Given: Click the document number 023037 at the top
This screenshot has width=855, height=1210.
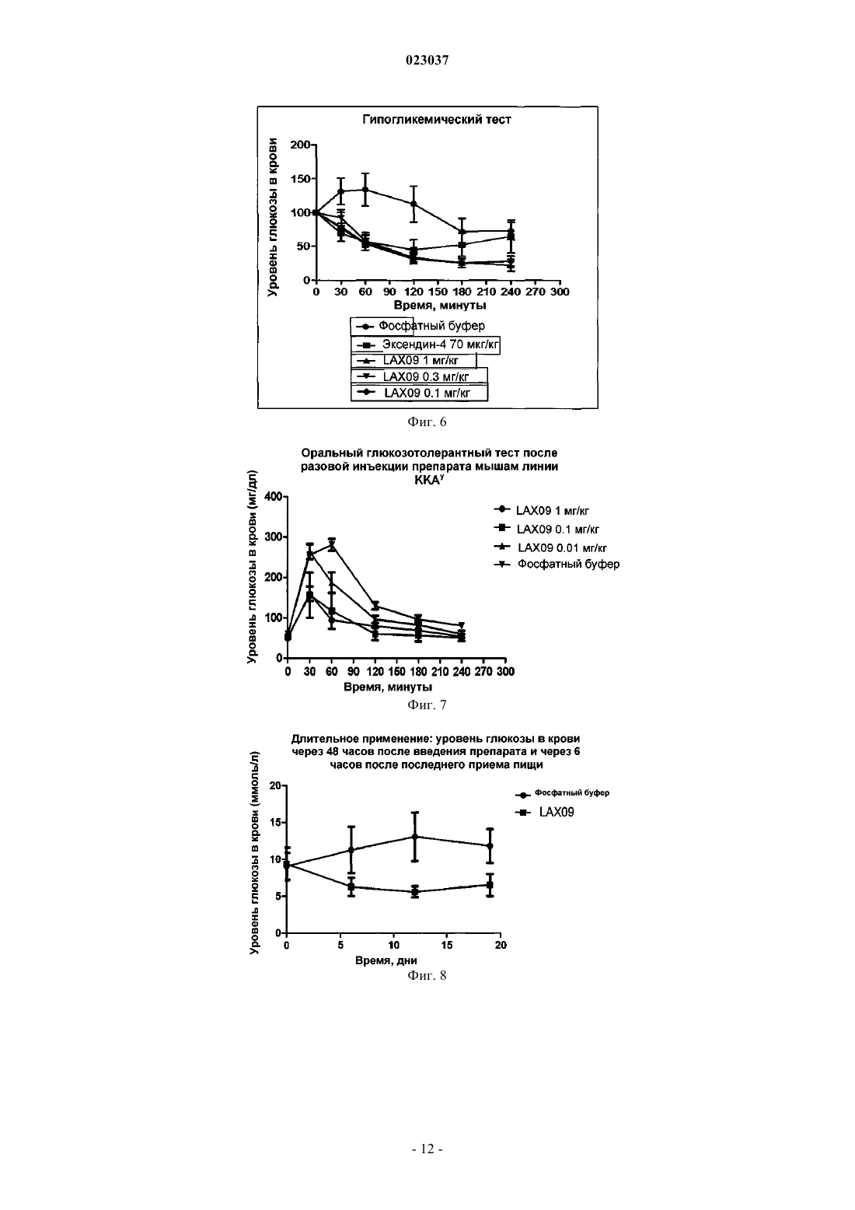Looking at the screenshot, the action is click(427, 60).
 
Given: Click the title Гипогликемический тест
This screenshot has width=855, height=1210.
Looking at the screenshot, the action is click(436, 120).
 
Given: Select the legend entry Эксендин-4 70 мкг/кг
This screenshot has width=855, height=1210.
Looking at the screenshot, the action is click(425, 344).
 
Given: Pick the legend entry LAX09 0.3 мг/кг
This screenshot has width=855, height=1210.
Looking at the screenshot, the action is click(419, 376).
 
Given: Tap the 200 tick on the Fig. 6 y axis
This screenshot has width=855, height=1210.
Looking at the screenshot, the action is click(299, 145).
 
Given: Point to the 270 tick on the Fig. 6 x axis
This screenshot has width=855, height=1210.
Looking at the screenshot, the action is click(535, 292).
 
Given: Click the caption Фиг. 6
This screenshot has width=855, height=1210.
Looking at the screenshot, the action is click(427, 422).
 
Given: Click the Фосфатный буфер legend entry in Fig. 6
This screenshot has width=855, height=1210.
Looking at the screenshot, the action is click(418, 326).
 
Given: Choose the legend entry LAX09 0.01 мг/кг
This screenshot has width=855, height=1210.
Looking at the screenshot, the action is click(550, 547).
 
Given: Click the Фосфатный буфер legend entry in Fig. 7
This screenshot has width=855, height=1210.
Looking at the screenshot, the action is click(557, 565).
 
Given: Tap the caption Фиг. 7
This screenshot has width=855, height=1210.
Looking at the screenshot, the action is click(427, 705).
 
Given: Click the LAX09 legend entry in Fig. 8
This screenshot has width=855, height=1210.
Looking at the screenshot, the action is click(545, 812).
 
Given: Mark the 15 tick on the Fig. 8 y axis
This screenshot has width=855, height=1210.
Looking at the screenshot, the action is click(275, 823).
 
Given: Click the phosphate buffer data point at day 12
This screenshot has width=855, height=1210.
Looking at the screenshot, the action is click(414, 837).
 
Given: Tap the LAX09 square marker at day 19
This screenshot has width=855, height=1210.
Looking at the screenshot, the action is click(490, 885).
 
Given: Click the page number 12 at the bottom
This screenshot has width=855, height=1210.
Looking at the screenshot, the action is click(427, 1149).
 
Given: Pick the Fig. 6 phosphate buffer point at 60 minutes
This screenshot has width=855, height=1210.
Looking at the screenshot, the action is click(365, 190).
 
